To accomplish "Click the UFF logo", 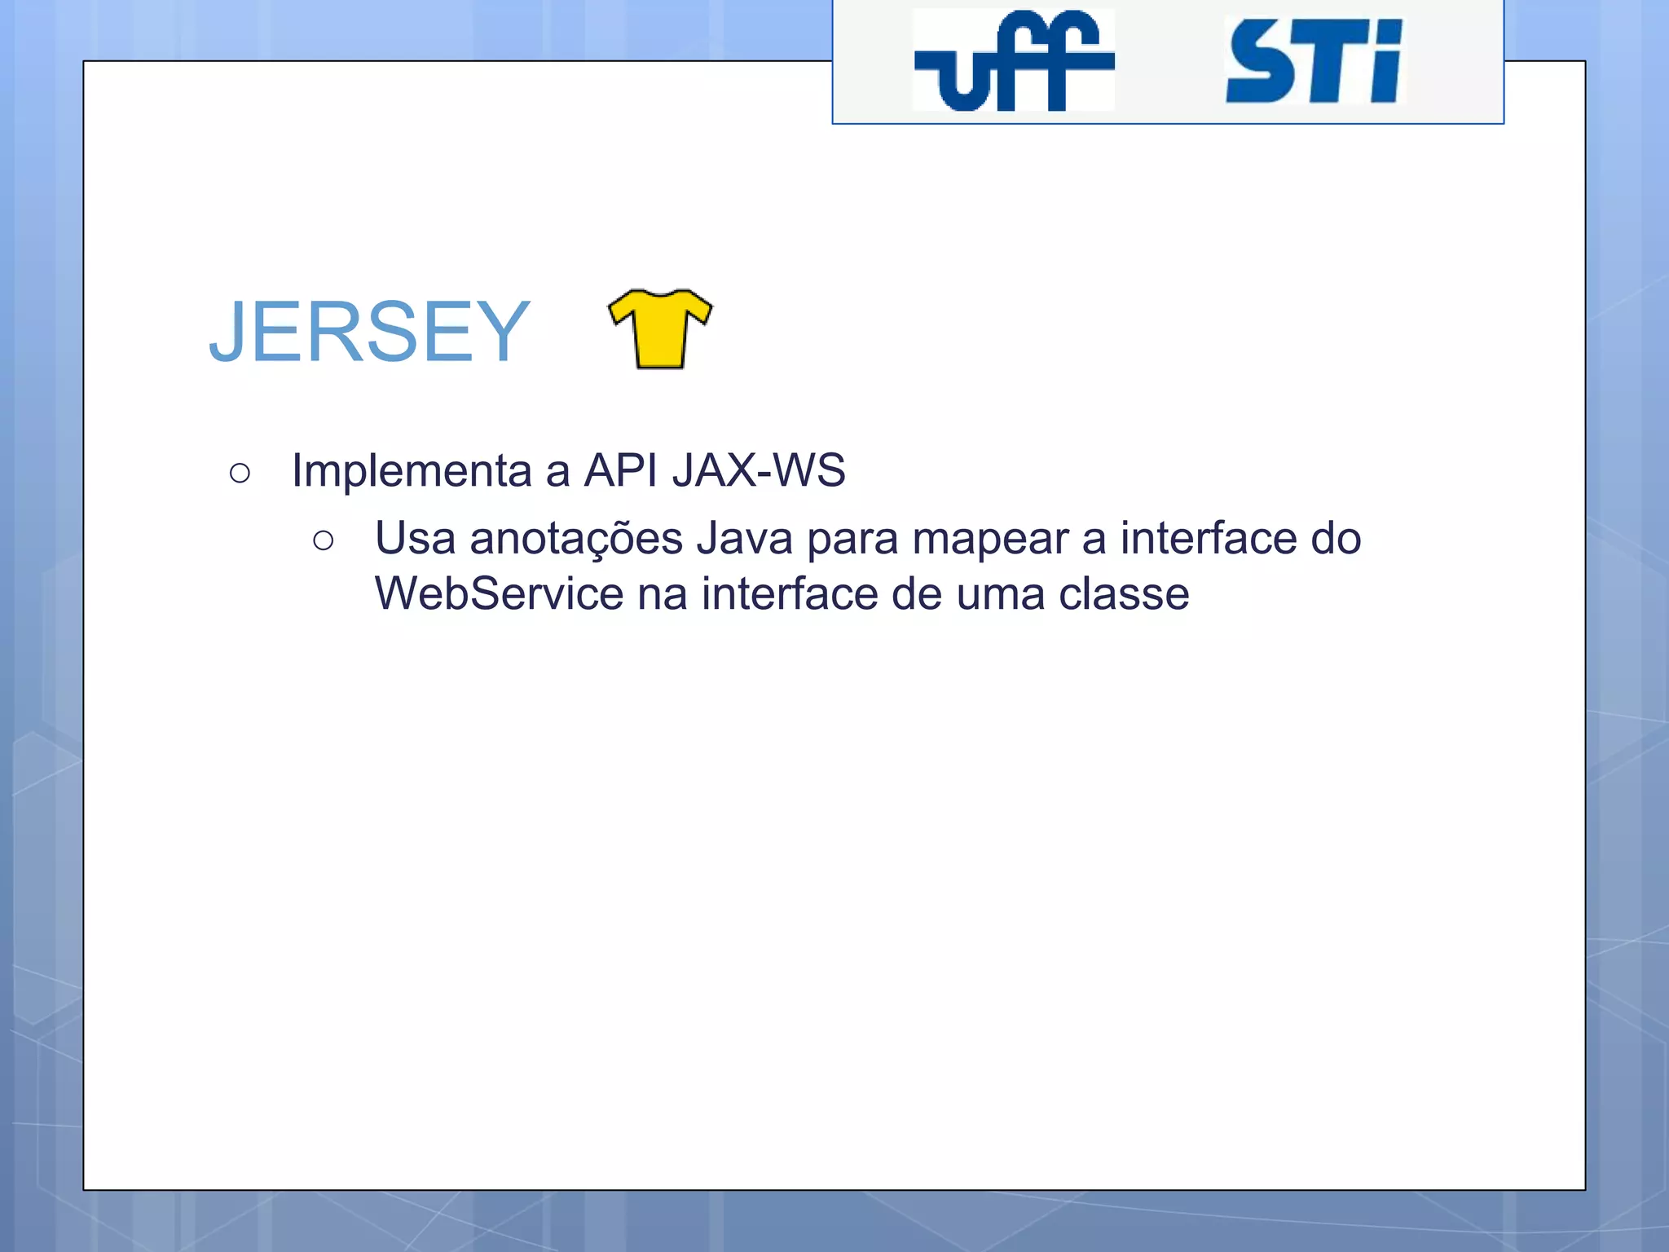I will tap(1014, 61).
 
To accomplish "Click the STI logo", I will tap(1314, 62).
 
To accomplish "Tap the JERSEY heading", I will tap(369, 332).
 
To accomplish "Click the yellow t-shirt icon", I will tap(660, 329).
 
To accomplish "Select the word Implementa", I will tap(412, 470).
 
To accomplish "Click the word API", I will tap(621, 470).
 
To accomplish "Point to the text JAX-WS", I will tap(759, 470).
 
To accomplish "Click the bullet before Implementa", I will tap(240, 473).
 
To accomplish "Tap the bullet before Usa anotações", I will tap(323, 540).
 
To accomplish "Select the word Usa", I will tap(415, 539).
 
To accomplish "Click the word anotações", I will tap(576, 539).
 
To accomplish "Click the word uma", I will tap(1000, 593).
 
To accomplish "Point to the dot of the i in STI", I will tap(1387, 32).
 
